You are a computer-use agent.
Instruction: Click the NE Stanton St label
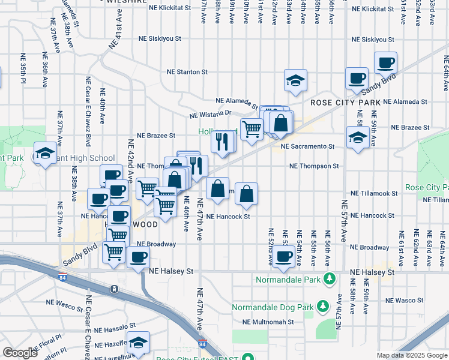tap(187, 72)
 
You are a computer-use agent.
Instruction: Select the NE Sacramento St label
tap(307, 146)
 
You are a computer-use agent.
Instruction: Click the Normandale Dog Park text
tap(273, 308)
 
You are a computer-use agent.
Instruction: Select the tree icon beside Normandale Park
tap(329, 279)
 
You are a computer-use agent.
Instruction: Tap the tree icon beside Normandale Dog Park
tap(323, 307)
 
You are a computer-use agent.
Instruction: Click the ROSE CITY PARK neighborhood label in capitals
tap(342, 103)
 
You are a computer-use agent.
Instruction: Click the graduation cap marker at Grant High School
tap(45, 153)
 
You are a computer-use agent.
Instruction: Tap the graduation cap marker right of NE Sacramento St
tap(358, 138)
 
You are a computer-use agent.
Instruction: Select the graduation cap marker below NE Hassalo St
tap(139, 343)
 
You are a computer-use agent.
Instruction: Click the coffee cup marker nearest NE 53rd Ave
tap(285, 256)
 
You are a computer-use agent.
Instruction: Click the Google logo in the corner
tap(20, 353)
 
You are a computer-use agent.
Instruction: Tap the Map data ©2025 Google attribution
tap(411, 355)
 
